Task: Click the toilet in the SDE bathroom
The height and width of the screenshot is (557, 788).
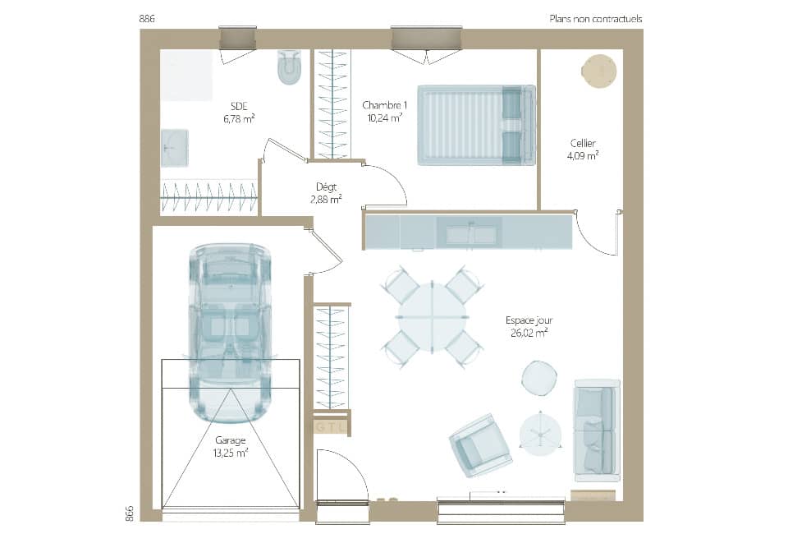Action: (289, 67)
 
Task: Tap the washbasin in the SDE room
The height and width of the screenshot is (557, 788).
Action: (174, 148)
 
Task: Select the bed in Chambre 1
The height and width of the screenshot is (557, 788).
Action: (476, 125)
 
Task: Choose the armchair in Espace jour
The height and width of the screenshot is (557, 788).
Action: (480, 444)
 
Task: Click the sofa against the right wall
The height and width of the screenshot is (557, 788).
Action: (596, 430)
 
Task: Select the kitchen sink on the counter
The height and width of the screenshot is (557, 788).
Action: (471, 234)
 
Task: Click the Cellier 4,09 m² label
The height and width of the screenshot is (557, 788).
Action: (583, 149)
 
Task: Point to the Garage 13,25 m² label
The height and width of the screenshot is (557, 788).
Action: (231, 446)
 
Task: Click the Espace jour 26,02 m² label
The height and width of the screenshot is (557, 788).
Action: (526, 326)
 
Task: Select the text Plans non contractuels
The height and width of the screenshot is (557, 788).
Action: (595, 18)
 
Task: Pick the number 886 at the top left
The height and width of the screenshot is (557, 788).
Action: (148, 18)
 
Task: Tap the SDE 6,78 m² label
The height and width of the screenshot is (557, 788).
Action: (239, 112)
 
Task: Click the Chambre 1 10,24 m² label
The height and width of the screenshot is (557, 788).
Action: (384, 111)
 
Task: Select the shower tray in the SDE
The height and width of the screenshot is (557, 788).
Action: (186, 76)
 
